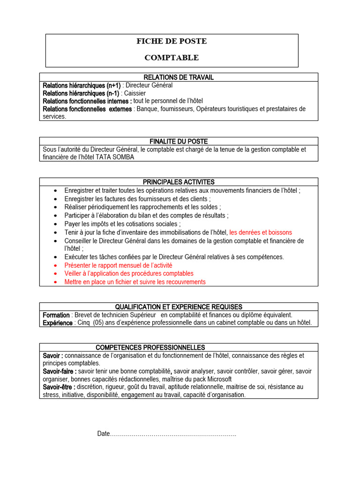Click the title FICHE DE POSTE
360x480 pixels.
click(172, 41)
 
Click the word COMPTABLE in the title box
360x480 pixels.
click(172, 58)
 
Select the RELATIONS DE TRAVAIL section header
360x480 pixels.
click(179, 77)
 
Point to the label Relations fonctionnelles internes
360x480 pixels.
click(87, 101)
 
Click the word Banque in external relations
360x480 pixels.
click(148, 109)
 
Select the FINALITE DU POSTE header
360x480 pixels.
click(179, 141)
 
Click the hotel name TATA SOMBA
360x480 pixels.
click(115, 157)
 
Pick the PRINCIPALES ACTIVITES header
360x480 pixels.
click(179, 182)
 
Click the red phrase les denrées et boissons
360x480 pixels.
click(261, 232)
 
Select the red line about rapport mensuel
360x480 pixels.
click(118, 265)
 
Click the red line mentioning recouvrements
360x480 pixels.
click(135, 282)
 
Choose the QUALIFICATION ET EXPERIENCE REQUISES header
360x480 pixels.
click(179, 307)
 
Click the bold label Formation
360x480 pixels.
click(56, 315)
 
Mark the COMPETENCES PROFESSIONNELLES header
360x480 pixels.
click(150, 347)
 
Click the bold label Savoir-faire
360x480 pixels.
click(60, 371)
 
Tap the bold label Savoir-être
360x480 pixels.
click(59, 387)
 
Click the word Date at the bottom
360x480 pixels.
click(103, 434)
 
